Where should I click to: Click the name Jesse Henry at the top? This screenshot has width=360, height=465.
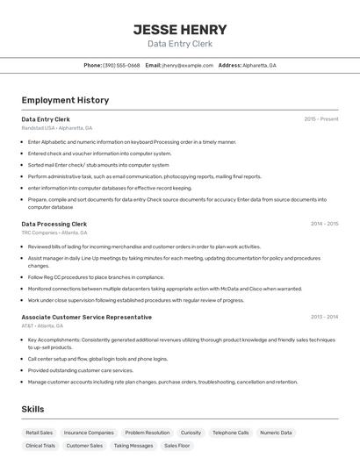pos(180,30)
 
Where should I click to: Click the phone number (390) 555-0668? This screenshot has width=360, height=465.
pos(121,65)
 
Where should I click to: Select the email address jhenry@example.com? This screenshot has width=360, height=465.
pos(188,65)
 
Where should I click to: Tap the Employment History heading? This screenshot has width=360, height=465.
pos(65,100)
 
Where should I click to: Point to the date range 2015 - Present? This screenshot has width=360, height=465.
pos(320,118)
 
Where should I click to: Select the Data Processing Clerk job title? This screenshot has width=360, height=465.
pos(54,224)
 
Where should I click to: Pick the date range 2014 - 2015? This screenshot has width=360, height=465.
pos(324,224)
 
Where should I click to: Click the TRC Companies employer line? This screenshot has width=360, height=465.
pos(54,232)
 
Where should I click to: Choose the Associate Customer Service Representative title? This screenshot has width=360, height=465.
pos(87,317)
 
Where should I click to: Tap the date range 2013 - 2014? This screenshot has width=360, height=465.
pos(324,317)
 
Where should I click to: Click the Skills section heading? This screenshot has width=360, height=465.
pos(32,409)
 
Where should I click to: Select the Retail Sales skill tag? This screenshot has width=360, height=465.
pos(40,433)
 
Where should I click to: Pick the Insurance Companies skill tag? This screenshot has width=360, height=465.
pos(89,433)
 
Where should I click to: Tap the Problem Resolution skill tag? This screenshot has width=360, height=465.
pos(148,433)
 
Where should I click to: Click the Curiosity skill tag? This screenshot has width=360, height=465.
pos(191,433)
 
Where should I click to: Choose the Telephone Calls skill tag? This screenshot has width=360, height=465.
pos(231,433)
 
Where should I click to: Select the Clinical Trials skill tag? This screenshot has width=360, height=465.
pos(40,446)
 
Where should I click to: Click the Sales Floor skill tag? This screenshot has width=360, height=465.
pos(177,446)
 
